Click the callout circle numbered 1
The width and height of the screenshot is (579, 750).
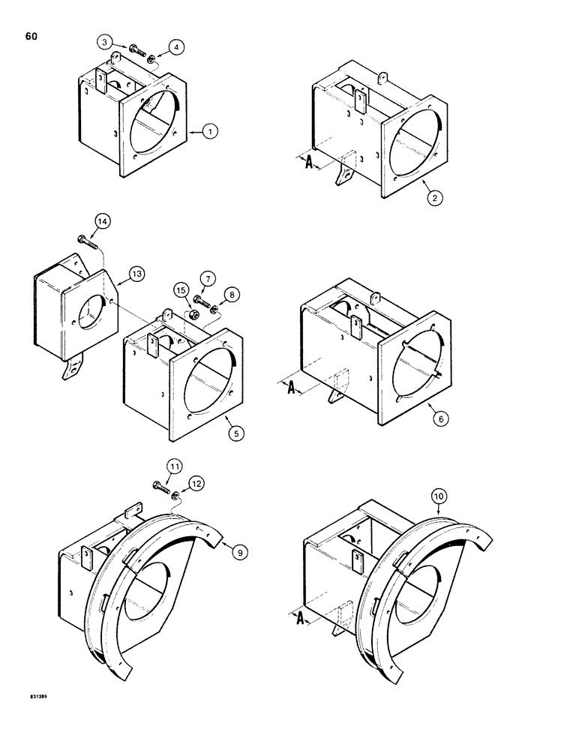(211, 132)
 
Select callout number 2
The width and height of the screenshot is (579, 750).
(433, 198)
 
